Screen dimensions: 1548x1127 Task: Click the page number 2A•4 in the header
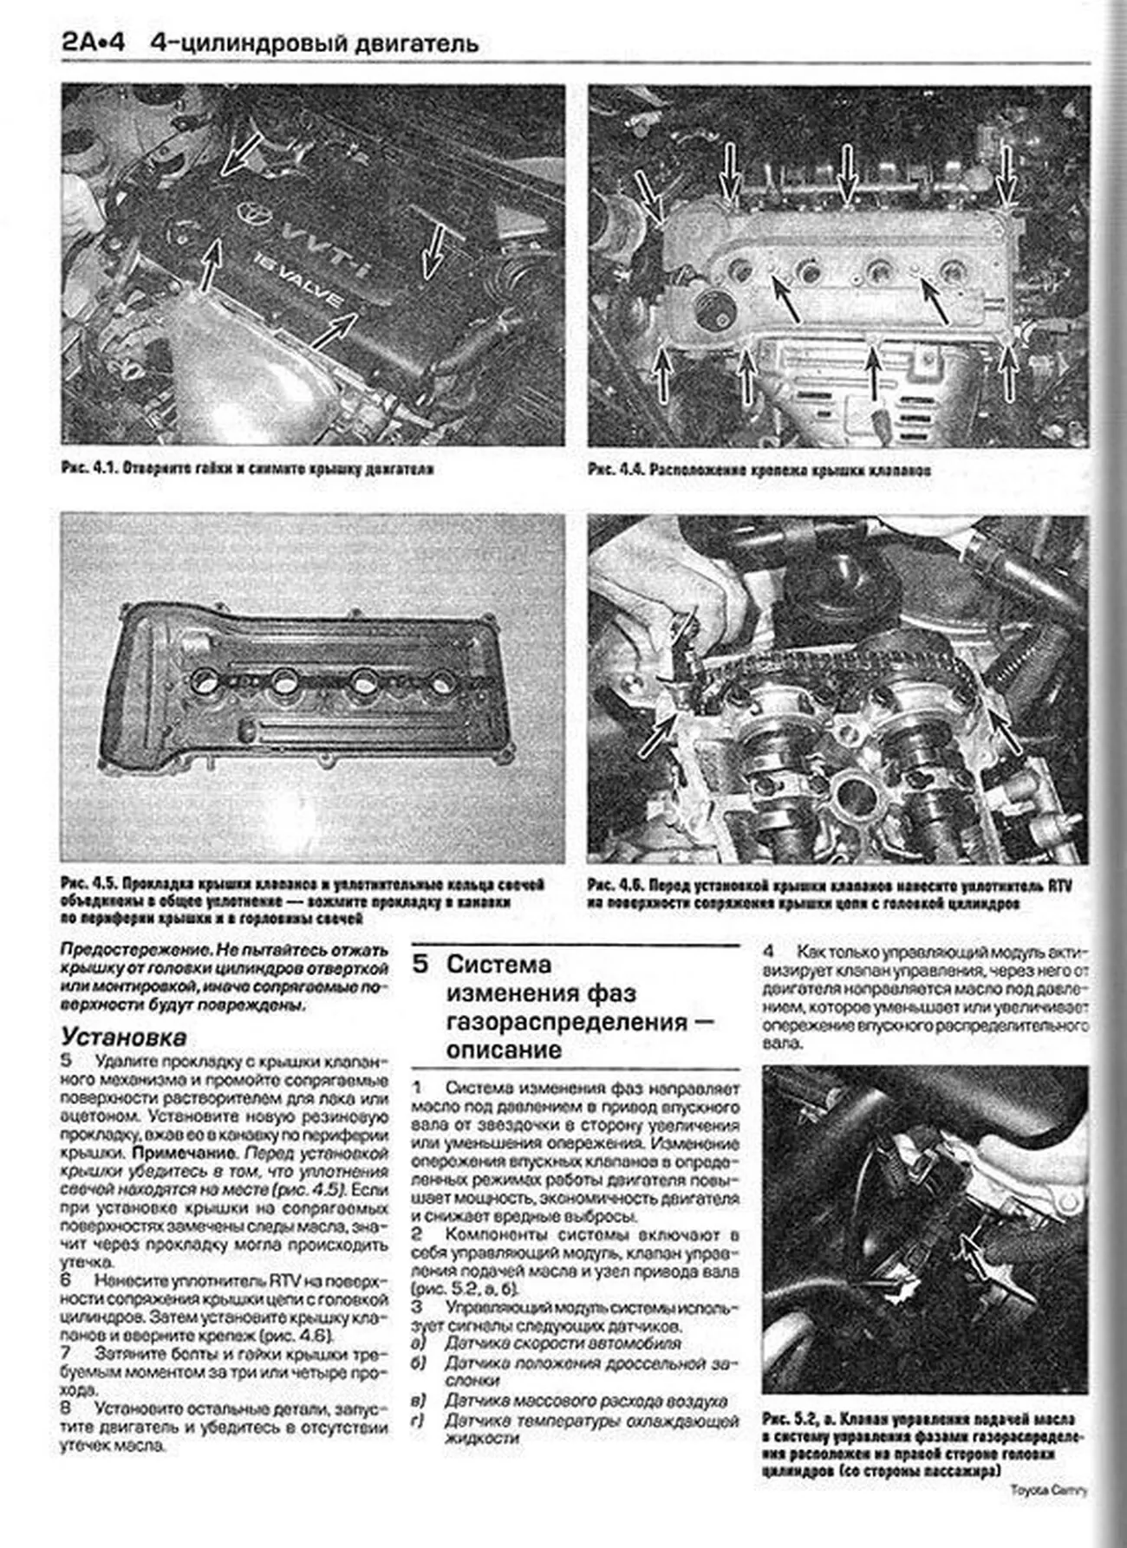(x=93, y=42)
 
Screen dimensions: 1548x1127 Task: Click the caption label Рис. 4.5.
(x=88, y=885)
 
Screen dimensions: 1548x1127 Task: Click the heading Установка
(x=123, y=1037)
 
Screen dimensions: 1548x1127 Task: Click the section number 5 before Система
(x=420, y=965)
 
